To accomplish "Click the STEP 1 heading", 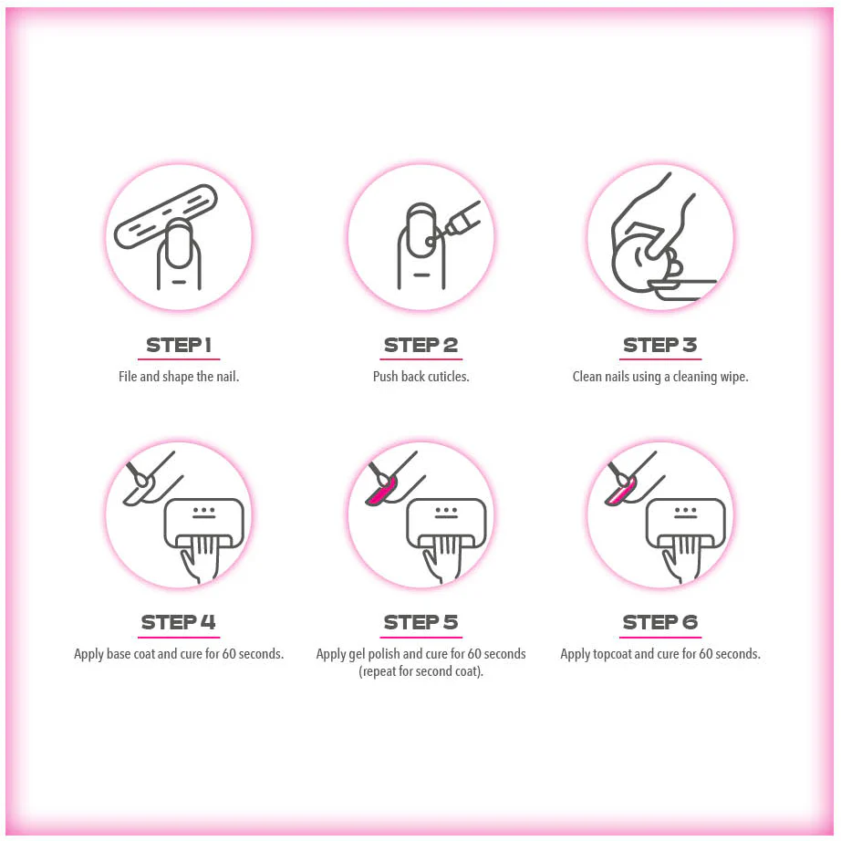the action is tap(179, 345).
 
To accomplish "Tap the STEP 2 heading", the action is tap(421, 345).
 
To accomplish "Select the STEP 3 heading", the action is tap(660, 345).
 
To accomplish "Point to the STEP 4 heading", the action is tap(179, 622).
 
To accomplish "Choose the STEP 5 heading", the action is tap(421, 622).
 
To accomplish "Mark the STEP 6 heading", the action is tap(660, 622).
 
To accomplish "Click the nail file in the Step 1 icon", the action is tap(165, 217).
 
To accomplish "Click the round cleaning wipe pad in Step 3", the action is tap(639, 264).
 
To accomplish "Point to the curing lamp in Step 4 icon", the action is tap(204, 524).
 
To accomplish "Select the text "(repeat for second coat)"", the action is tap(421, 671).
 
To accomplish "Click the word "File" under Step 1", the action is tap(128, 377).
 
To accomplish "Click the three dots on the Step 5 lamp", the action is tap(446, 510).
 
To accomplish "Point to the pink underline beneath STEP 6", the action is tap(660, 638).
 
